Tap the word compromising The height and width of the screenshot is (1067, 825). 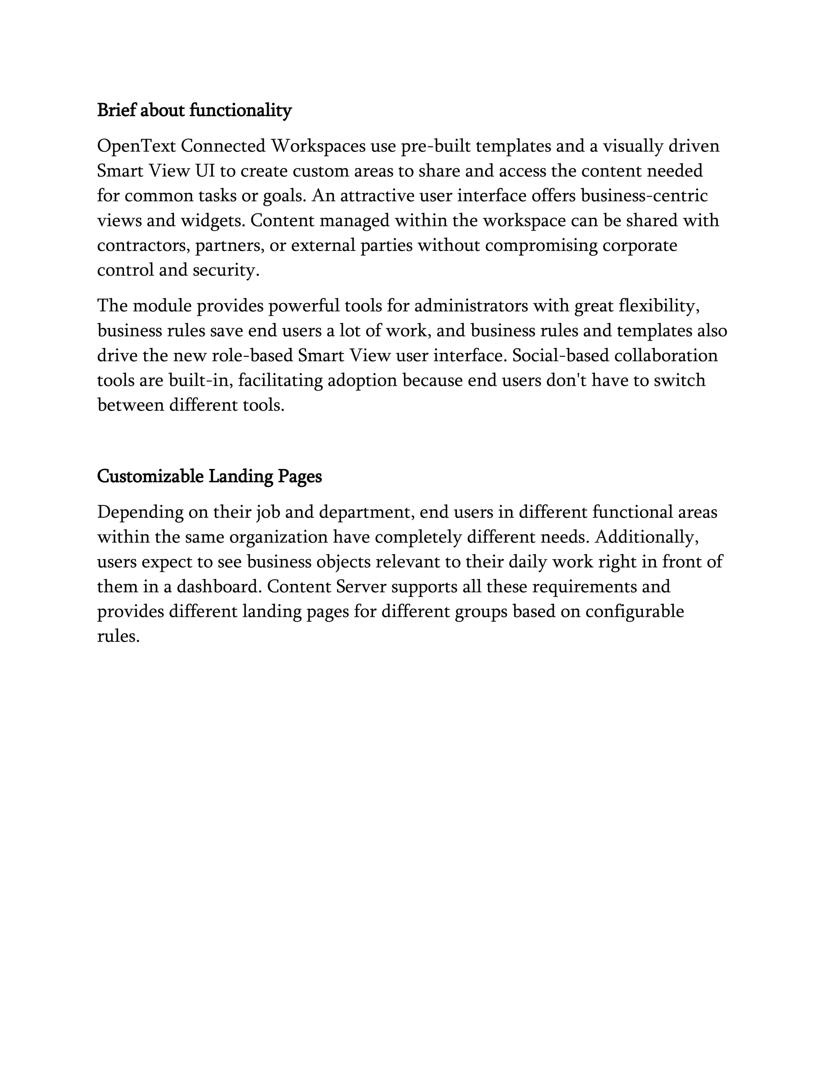click(541, 245)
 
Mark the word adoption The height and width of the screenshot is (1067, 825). click(362, 380)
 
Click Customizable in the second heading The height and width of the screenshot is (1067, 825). click(150, 476)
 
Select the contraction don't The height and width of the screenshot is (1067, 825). click(566, 380)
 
